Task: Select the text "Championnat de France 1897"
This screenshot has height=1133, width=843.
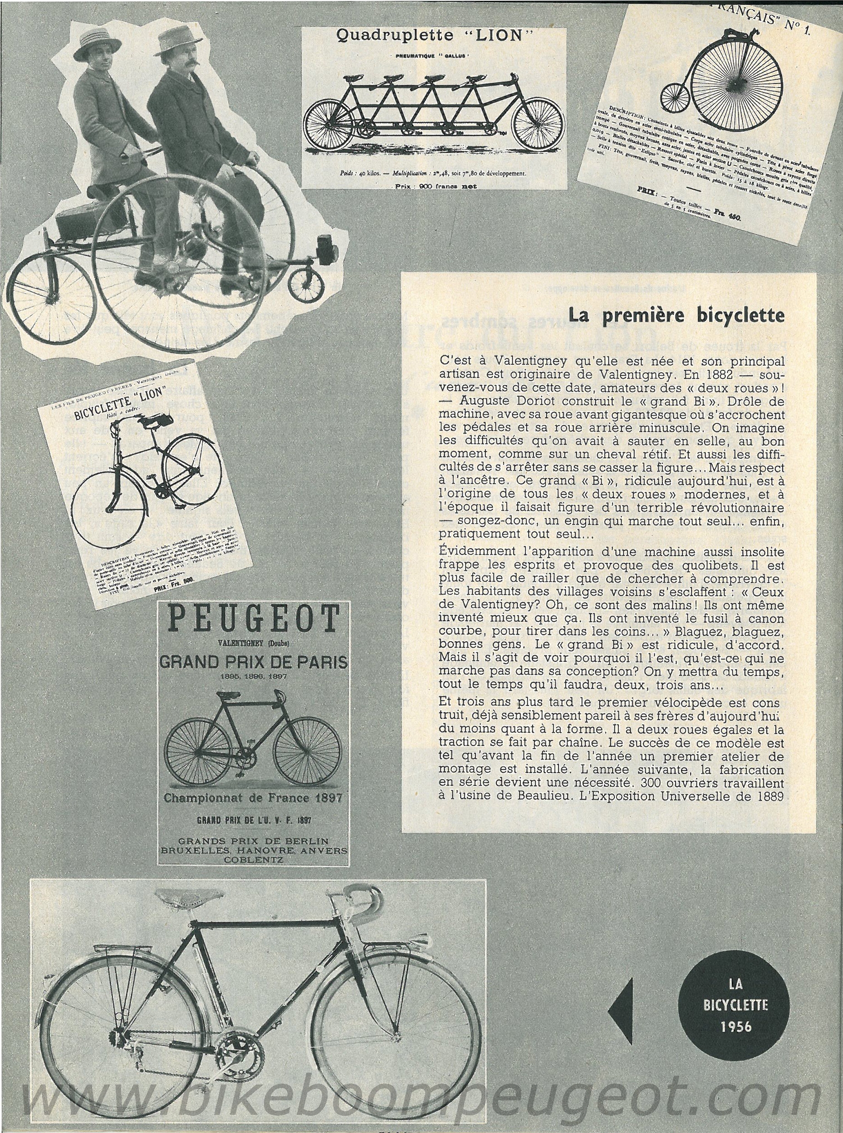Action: click(253, 798)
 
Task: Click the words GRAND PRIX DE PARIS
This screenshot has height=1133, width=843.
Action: click(253, 662)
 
